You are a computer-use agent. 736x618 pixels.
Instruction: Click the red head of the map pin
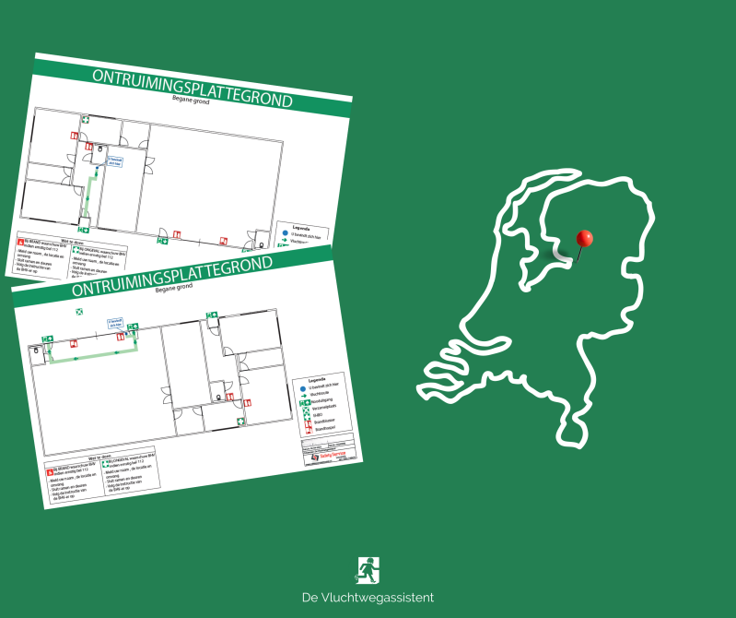(x=584, y=238)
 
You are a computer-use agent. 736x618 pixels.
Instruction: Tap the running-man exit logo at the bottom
(x=368, y=570)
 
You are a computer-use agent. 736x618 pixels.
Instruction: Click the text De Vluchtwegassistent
(x=368, y=598)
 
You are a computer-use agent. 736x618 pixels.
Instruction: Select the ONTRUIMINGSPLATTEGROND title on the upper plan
(x=193, y=88)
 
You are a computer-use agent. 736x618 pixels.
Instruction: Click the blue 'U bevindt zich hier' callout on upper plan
(x=113, y=160)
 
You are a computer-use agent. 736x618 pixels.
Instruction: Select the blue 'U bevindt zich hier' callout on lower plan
(x=115, y=323)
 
